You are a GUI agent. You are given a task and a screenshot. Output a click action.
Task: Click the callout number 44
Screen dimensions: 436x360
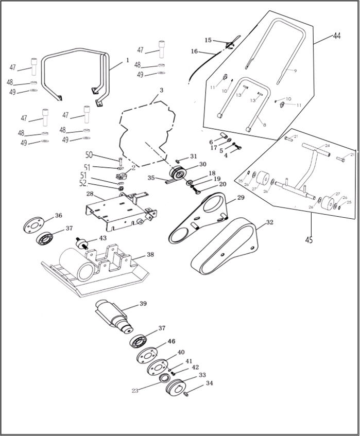point(336,36)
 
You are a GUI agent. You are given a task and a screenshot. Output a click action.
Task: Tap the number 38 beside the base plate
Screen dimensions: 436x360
point(150,254)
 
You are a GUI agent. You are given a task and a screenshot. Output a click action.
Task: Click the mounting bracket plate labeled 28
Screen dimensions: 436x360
point(116,211)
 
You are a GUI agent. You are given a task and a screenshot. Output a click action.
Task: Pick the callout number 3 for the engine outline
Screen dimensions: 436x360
point(161,90)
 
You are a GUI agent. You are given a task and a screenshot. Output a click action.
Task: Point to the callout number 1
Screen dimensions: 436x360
point(127,60)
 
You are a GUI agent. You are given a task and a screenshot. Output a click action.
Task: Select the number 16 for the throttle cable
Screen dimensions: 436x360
point(194,51)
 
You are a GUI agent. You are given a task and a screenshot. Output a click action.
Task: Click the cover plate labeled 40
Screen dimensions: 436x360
point(158,367)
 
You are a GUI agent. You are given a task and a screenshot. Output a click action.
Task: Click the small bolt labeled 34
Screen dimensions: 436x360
point(186,394)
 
